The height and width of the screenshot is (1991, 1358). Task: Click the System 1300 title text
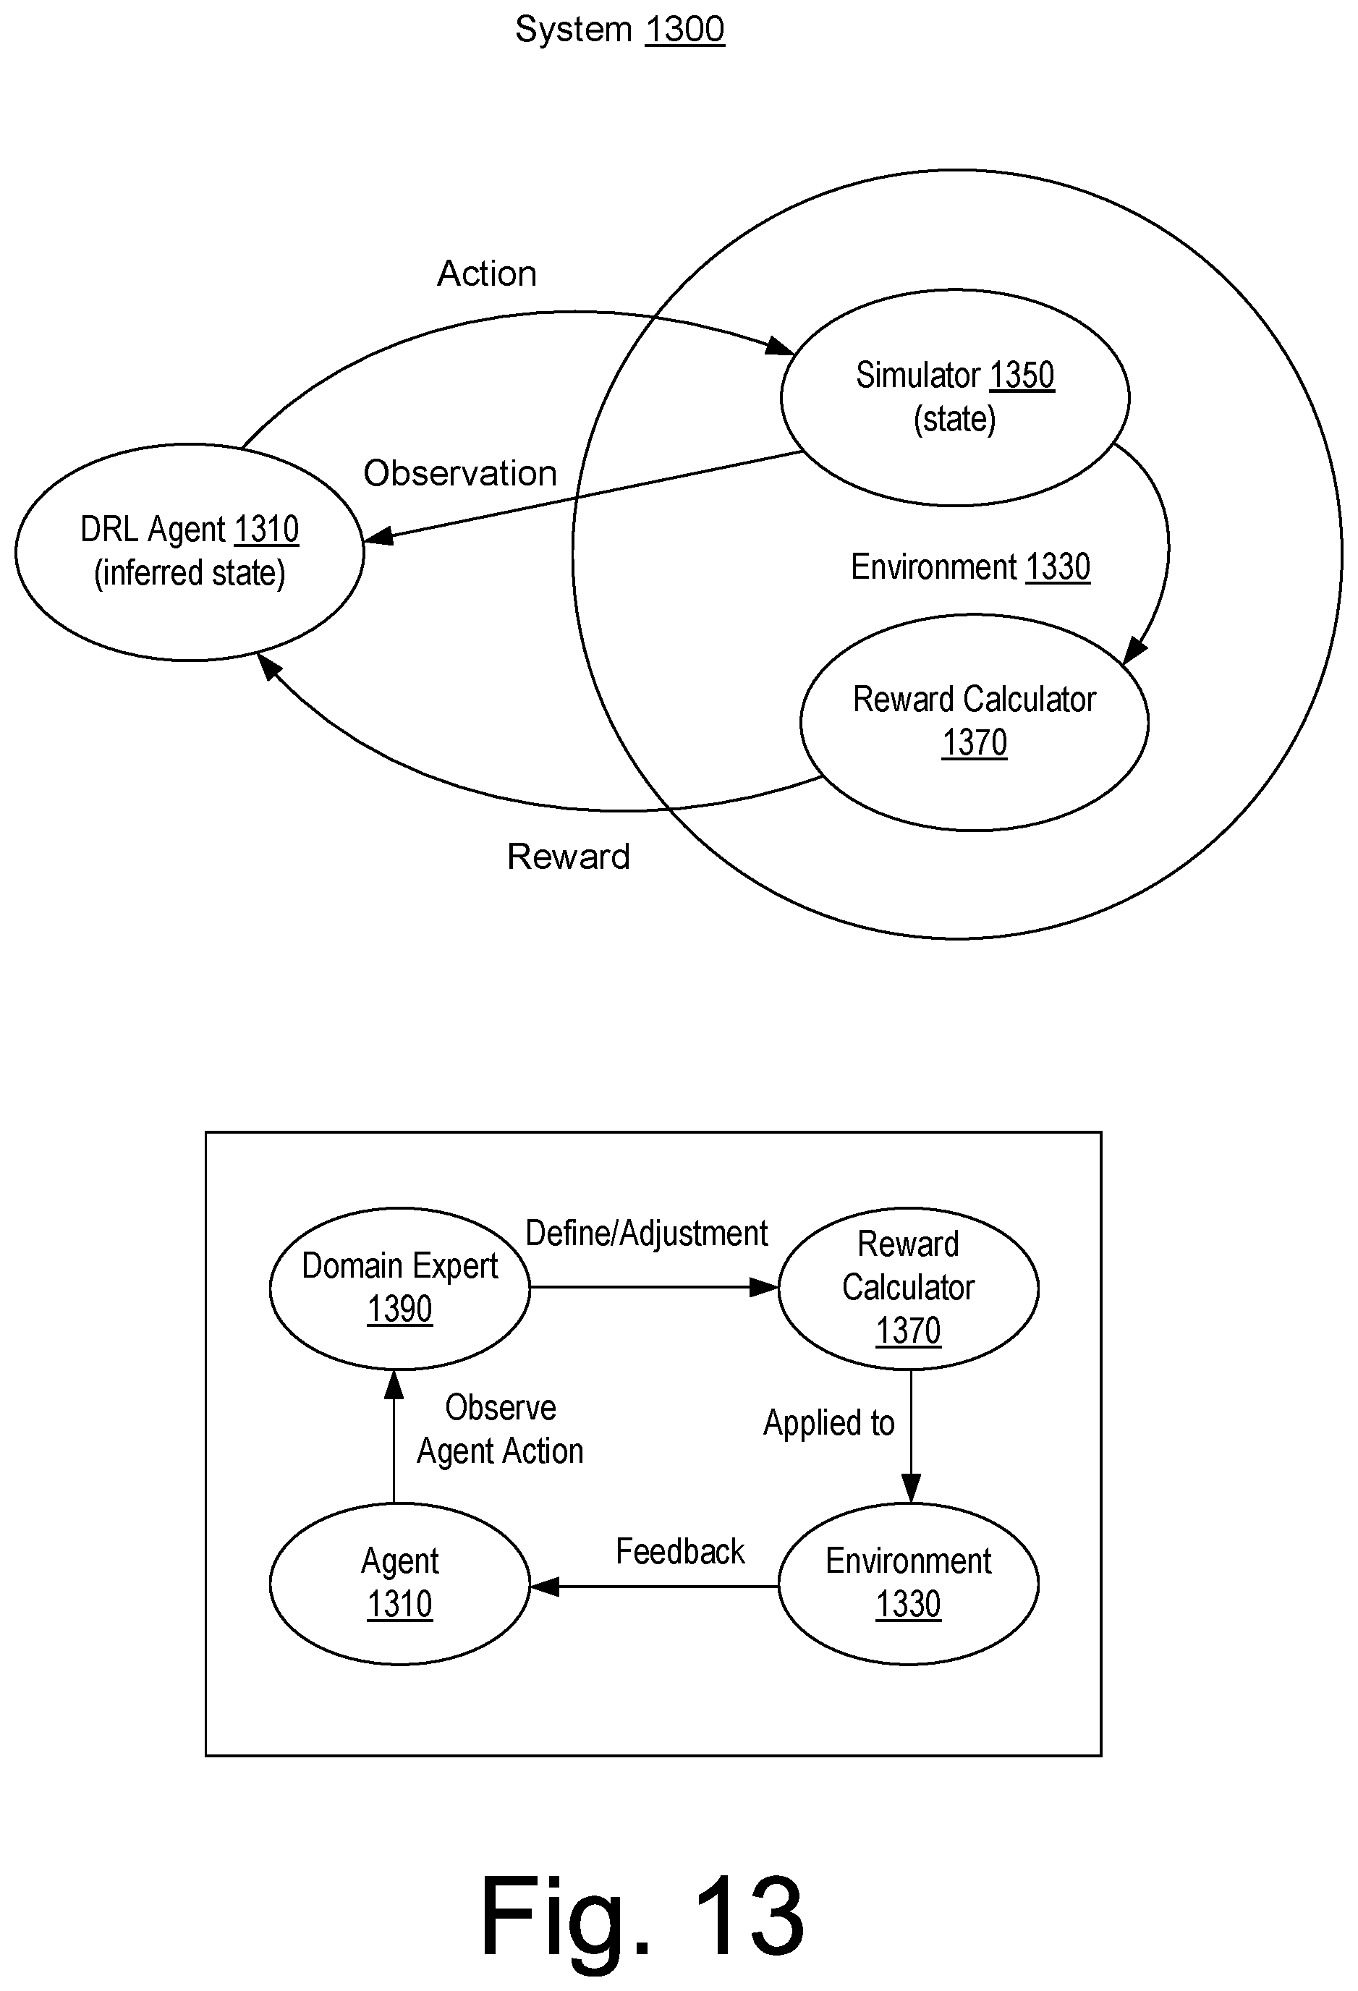(x=619, y=30)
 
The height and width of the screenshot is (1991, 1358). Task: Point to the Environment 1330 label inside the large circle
(x=970, y=567)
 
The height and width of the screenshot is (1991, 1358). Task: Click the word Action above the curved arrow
(x=487, y=273)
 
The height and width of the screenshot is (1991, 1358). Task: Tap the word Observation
(x=460, y=473)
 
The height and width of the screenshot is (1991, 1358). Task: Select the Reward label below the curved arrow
(x=568, y=856)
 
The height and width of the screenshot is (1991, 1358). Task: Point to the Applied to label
(x=828, y=1423)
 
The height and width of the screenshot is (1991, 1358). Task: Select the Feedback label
(x=680, y=1552)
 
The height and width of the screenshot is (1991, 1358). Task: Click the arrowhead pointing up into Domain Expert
(x=394, y=1383)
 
